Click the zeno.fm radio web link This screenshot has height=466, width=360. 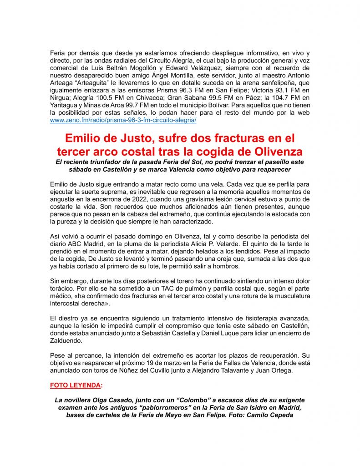pos(123,120)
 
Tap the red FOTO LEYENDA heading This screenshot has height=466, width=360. pos(75,385)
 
